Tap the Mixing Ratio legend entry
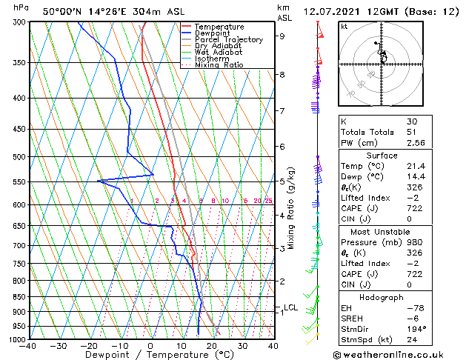point(219,65)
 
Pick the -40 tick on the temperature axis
point(29,346)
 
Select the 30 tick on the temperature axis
point(242,346)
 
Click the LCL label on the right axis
point(290,307)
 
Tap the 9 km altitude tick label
point(282,36)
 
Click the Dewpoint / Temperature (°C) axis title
point(151,355)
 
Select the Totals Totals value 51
point(411,132)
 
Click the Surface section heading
point(382,155)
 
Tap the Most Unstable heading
point(382,231)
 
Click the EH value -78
point(414,307)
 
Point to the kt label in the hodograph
point(344,27)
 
